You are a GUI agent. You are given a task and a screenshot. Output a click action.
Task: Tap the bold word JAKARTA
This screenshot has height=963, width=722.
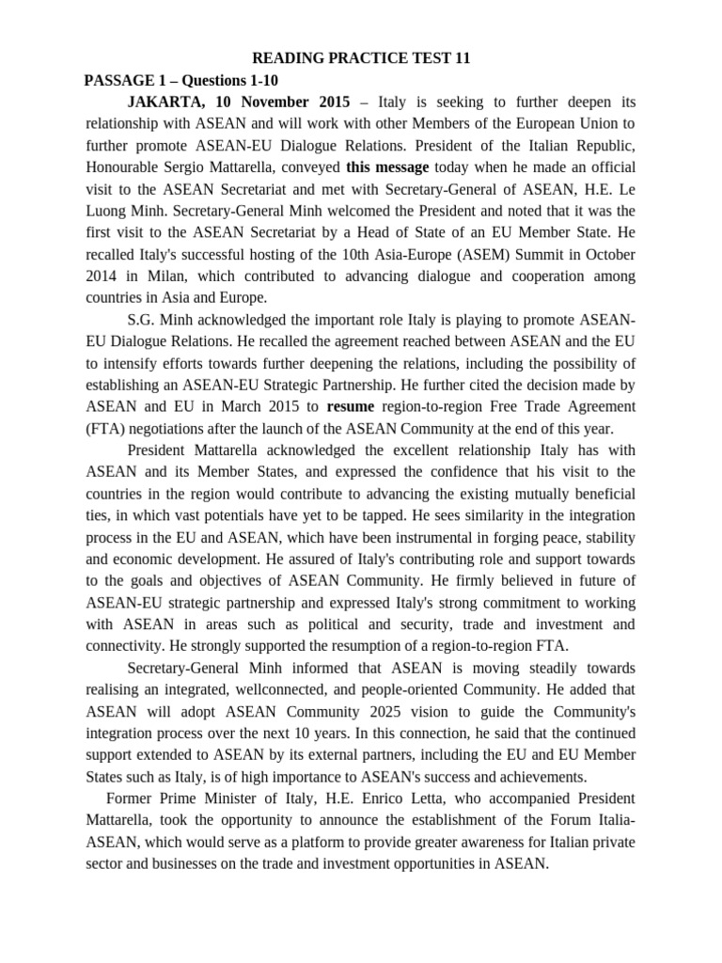point(165,102)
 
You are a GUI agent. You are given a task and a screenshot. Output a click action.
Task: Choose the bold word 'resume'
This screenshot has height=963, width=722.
point(351,406)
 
